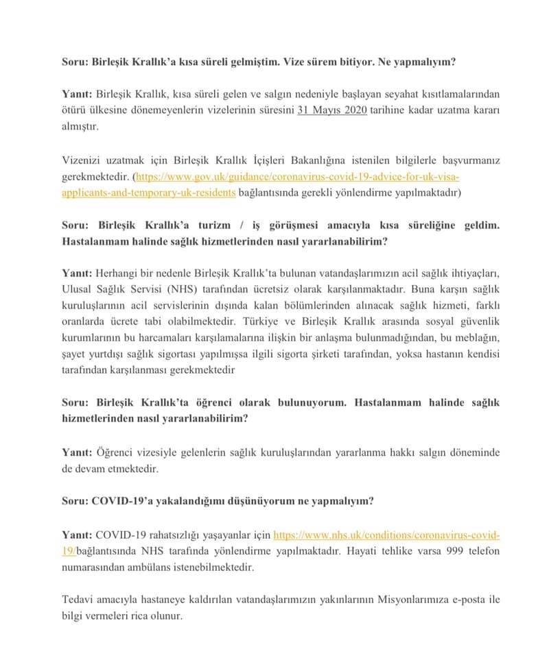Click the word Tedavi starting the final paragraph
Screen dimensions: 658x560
[x=78, y=600]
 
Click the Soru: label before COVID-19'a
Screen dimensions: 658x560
[x=75, y=501]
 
